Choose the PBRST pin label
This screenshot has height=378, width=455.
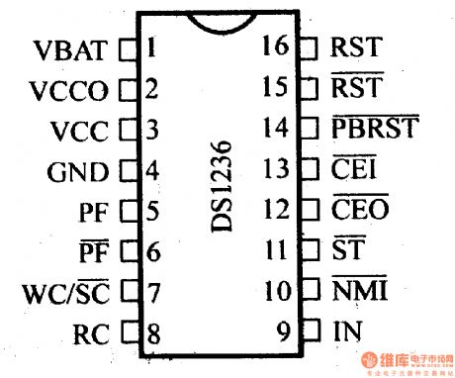point(376,129)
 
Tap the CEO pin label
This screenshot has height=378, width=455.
point(359,210)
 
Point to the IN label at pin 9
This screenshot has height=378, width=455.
point(346,333)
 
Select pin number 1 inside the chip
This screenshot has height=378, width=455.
point(149,47)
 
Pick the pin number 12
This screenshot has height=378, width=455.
point(276,210)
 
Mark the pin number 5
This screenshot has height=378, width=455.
point(150,211)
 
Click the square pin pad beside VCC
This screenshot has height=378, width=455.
point(126,130)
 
